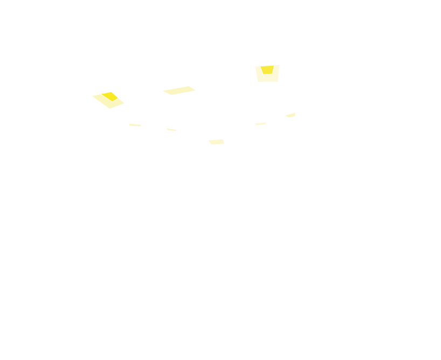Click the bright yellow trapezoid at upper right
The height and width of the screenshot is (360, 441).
[x=267, y=70]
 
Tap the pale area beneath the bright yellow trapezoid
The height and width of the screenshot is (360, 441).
[x=267, y=78]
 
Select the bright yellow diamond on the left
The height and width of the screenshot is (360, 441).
[x=110, y=96]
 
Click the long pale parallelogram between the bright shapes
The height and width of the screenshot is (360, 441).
[x=179, y=90]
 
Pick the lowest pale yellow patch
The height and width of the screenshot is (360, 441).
[x=216, y=142]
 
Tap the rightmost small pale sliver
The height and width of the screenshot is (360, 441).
[x=291, y=115]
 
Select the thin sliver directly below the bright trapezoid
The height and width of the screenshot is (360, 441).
[x=260, y=123]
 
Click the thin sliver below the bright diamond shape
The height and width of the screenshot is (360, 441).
[x=135, y=124]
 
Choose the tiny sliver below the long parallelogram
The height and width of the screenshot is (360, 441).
[x=171, y=129]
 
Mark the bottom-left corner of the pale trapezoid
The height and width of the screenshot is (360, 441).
[x=258, y=81]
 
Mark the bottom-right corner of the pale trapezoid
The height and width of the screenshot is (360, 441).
[x=278, y=81]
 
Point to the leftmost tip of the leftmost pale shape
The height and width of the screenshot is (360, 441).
[x=93, y=96]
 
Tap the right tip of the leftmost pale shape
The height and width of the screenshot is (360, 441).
[x=124, y=103]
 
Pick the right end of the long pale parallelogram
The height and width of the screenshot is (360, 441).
[x=195, y=89]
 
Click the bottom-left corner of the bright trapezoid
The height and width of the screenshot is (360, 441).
[x=263, y=74]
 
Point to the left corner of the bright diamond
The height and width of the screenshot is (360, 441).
[x=102, y=94]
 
